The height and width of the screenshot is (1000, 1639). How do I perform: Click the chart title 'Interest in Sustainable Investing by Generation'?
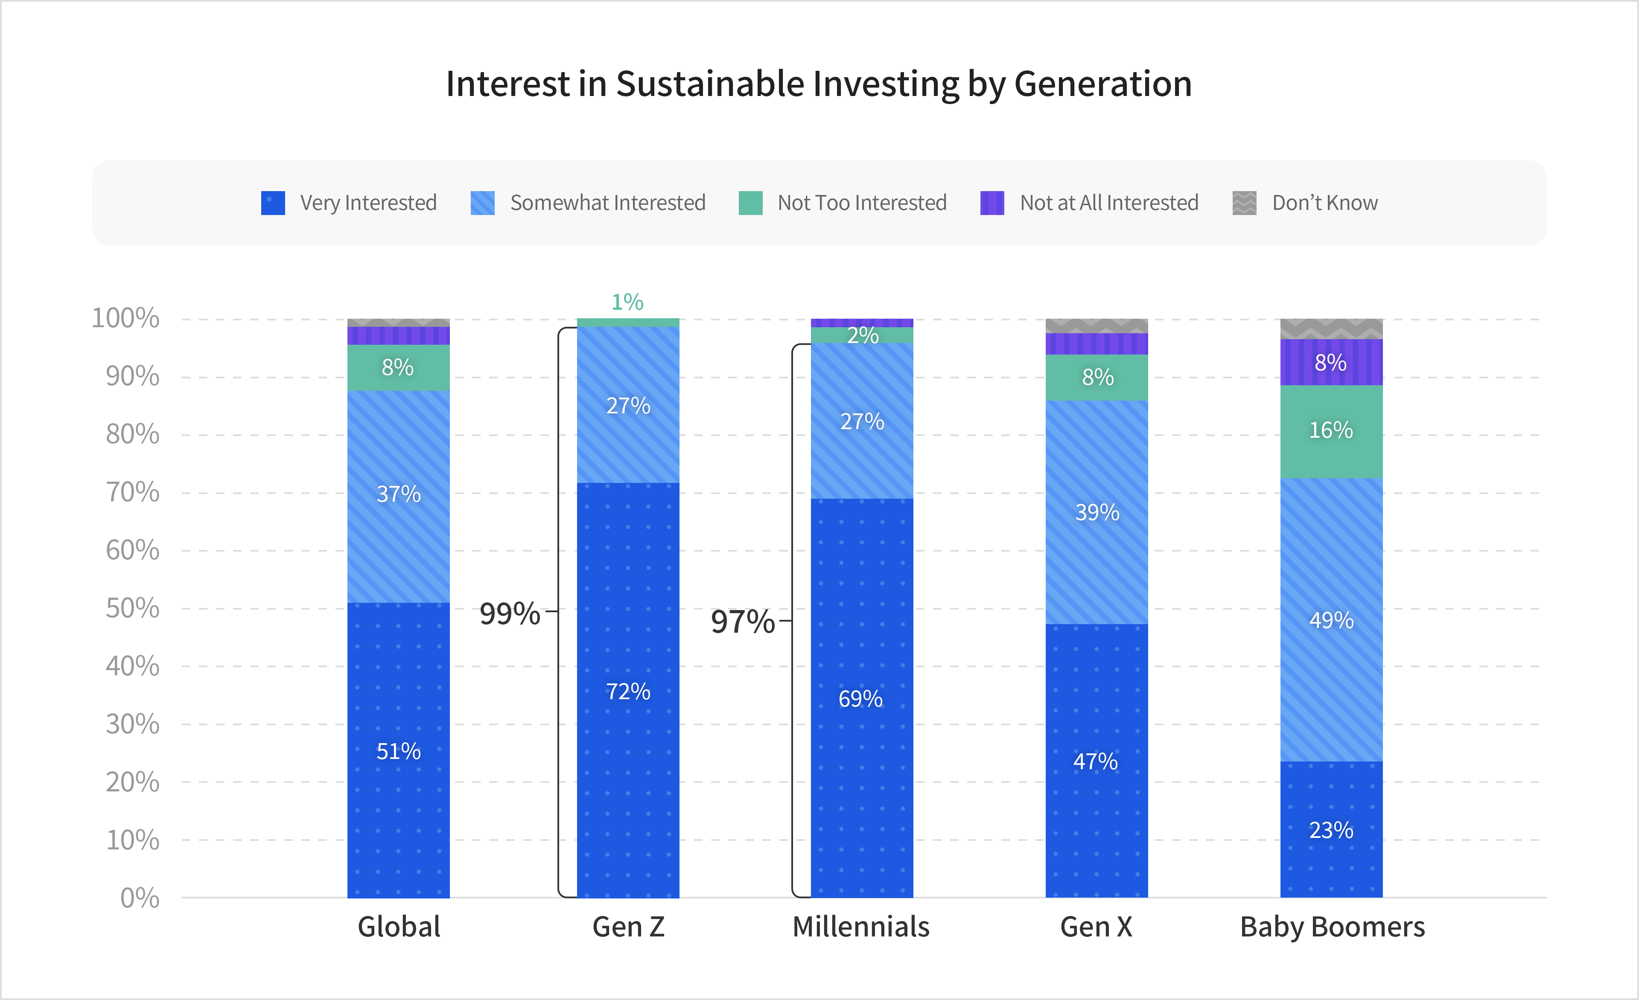coord(818,84)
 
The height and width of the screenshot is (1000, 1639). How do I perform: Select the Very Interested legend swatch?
coord(273,203)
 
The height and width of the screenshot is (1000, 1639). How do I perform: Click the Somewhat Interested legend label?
coord(607,203)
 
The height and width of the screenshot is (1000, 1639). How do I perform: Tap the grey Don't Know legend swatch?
coord(1244,203)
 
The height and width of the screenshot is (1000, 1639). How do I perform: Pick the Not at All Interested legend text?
coord(1109,203)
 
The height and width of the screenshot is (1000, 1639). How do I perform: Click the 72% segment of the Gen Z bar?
coord(628,692)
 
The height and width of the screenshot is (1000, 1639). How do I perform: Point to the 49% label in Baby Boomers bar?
coord(1331,620)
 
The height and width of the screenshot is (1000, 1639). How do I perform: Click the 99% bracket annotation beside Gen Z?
coord(510,613)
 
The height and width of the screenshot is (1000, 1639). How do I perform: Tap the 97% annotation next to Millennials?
coord(742,622)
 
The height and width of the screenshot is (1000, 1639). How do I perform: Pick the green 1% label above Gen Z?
coord(627,302)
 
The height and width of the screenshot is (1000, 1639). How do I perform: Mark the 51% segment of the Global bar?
coord(399,751)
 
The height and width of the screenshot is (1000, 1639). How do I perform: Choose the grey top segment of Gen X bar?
coord(1097,326)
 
